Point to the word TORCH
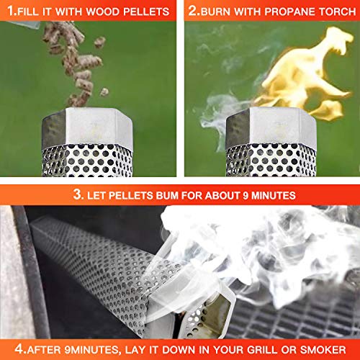coord(333,12)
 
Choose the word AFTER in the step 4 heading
coord(49,349)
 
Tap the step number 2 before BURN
coord(194,12)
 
